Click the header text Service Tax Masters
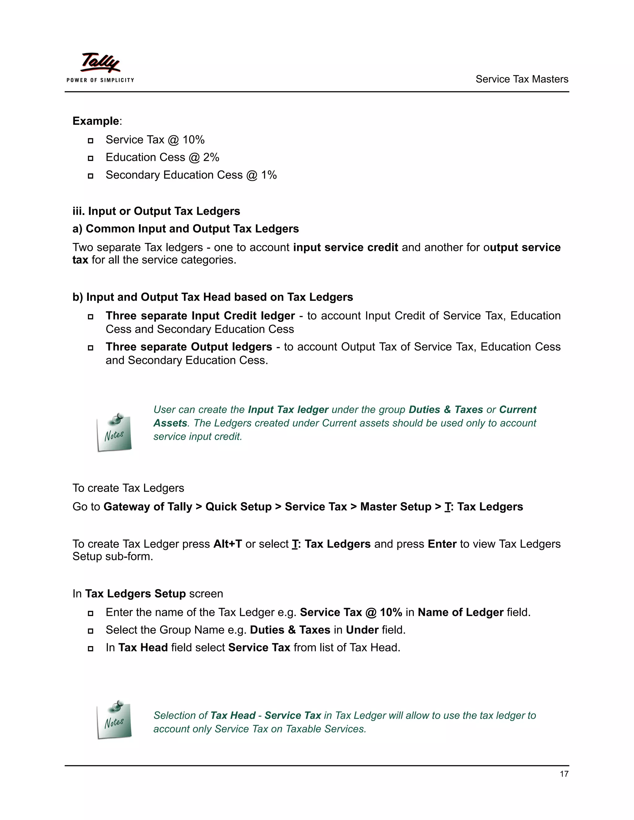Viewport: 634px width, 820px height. click(x=521, y=79)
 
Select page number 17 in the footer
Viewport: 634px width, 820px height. click(x=564, y=774)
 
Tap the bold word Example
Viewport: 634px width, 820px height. click(x=96, y=121)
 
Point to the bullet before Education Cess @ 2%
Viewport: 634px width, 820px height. click(x=90, y=158)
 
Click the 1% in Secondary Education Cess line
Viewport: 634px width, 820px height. click(x=269, y=175)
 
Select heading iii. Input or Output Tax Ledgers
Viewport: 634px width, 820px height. click(x=156, y=211)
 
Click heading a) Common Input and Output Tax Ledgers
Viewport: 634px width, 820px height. click(x=185, y=229)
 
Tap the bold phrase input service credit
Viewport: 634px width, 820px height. click(x=345, y=248)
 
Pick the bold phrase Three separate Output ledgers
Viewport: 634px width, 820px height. click(x=189, y=347)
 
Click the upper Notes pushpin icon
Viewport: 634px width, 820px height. click(x=115, y=433)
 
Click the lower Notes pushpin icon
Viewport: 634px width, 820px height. click(x=115, y=719)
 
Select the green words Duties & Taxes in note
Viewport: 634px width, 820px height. click(x=445, y=410)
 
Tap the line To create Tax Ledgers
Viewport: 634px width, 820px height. click(x=128, y=488)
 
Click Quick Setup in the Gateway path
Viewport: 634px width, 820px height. click(x=238, y=507)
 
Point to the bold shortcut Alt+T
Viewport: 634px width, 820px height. click(x=227, y=544)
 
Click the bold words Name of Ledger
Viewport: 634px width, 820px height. click(x=460, y=612)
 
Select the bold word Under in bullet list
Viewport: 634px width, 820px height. click(x=362, y=630)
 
